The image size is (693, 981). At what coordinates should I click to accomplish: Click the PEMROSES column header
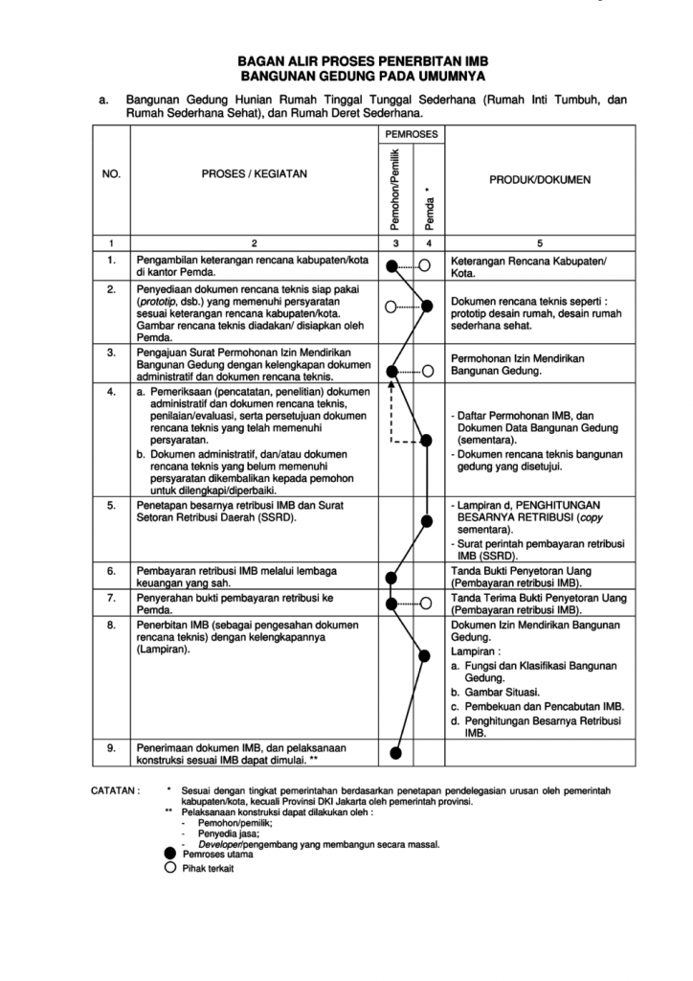[411, 135]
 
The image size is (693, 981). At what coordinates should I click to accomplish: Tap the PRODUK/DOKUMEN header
[540, 179]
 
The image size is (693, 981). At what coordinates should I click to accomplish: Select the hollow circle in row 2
[391, 307]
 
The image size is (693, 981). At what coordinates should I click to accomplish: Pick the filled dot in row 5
[426, 520]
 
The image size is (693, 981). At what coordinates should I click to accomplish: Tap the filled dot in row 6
[391, 577]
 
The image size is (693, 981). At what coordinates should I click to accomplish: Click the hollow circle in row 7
[426, 604]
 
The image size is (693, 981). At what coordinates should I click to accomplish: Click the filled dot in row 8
[426, 655]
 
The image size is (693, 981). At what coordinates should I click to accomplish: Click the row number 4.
[112, 392]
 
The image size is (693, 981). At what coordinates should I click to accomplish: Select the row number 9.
[112, 747]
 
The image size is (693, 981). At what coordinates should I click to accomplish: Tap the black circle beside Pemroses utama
[170, 854]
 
